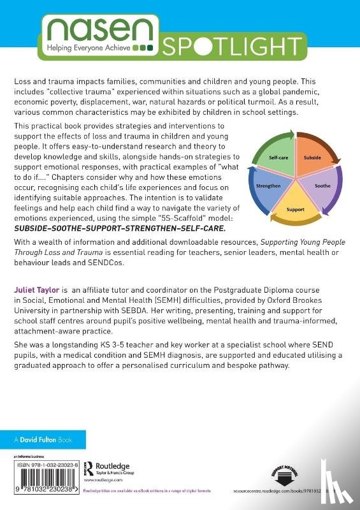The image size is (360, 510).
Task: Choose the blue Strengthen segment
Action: (x=268, y=195)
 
